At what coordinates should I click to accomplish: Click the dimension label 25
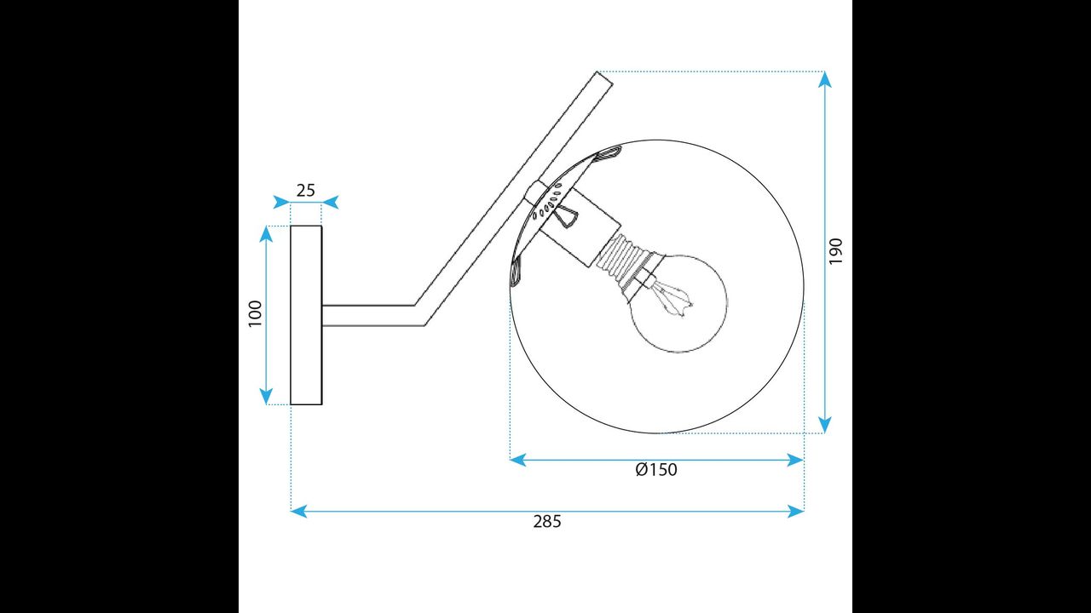[x=306, y=190]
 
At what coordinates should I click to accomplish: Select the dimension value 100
[x=255, y=314]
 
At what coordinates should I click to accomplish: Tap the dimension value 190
[x=836, y=251]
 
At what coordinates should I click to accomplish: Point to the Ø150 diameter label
[x=656, y=469]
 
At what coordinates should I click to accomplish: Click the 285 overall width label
[x=547, y=522]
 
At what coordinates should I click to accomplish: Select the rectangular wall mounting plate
[x=306, y=315]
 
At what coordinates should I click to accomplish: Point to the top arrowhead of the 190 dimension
[x=824, y=79]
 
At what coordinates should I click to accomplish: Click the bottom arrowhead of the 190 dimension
[x=824, y=425]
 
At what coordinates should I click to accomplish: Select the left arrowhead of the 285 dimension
[x=298, y=512]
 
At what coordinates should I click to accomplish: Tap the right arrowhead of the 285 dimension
[x=796, y=512]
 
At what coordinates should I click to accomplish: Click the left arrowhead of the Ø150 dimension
[x=518, y=460]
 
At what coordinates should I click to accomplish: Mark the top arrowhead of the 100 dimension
[x=266, y=234]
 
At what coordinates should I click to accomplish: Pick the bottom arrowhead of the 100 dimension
[x=266, y=397]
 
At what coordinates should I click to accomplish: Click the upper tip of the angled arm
[x=597, y=72]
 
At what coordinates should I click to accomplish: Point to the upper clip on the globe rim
[x=609, y=154]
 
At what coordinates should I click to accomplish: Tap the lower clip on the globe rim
[x=516, y=272]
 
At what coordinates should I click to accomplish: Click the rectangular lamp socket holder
[x=580, y=226]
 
